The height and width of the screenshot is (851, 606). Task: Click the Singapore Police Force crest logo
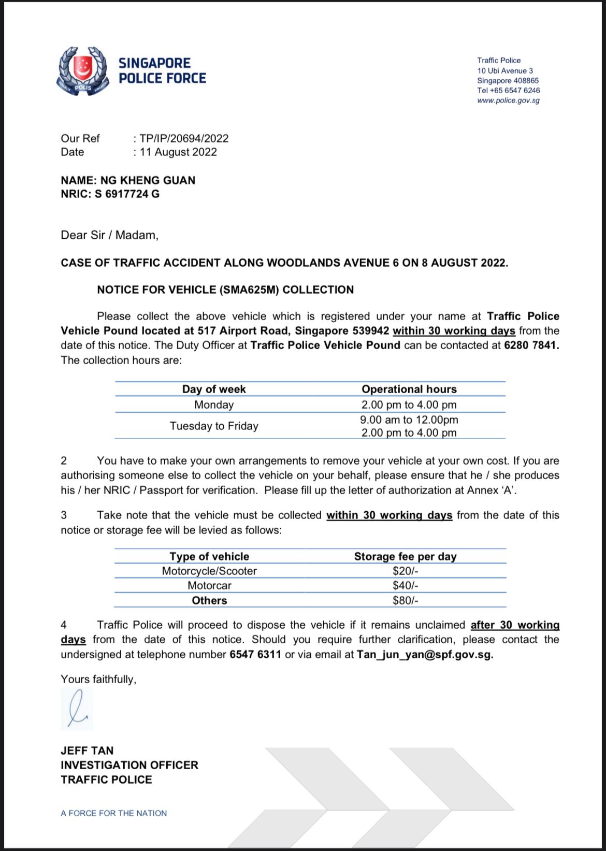coord(83,71)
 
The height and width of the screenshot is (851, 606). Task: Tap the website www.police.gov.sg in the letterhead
coord(508,100)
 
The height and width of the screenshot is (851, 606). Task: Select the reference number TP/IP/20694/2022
coord(184,138)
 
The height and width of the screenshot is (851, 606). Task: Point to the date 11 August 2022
coord(178,152)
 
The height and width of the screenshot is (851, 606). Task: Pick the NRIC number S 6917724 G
coord(127,194)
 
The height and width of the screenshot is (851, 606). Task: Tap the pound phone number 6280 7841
coord(531,345)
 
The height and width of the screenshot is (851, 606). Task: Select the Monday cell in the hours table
coord(214,405)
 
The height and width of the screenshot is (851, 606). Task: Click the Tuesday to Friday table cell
coord(214,426)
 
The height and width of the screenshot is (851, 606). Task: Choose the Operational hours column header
coord(409,389)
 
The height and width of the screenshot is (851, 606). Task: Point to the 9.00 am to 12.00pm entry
coord(409,420)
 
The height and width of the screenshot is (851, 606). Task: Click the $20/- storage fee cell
coord(405,571)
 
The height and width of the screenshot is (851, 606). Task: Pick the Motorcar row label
coord(209,585)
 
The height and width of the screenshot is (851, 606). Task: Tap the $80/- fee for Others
coord(405,600)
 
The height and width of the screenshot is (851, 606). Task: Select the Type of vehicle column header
coord(209,556)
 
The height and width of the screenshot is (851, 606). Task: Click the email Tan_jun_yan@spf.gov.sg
coord(425,654)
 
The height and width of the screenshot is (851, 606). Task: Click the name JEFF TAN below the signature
coord(87,751)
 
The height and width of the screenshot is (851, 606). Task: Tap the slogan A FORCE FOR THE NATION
coord(114,813)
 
